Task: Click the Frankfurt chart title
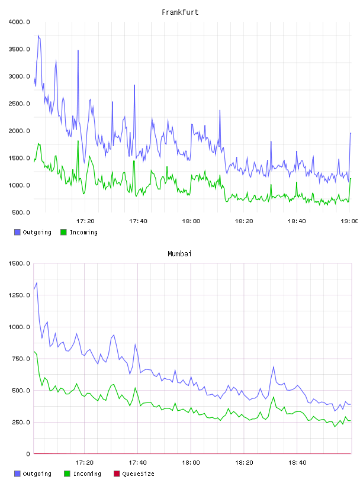coord(180,12)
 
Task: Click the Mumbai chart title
coord(179,253)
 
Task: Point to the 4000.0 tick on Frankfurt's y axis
coord(19,22)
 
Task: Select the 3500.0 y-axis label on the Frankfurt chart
coord(19,49)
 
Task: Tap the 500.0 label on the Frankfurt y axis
coord(21,212)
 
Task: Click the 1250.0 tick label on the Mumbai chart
coord(19,295)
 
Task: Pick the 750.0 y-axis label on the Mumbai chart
coord(21,359)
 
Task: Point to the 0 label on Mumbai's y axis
coord(28,454)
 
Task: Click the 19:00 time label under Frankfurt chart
coord(349,221)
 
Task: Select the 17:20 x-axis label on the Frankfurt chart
coord(85,221)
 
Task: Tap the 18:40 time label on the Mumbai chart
coord(297,463)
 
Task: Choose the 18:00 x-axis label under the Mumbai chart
coord(191,463)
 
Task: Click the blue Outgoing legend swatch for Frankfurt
coord(17,232)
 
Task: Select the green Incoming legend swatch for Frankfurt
coord(63,232)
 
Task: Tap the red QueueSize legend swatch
coord(117,474)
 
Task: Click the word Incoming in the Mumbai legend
coord(87,474)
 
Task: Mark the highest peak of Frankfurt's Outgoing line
coord(38,36)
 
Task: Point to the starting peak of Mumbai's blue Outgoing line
coord(37,282)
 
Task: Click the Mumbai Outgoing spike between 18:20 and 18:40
coord(274,366)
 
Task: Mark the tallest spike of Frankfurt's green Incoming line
coord(78,141)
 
